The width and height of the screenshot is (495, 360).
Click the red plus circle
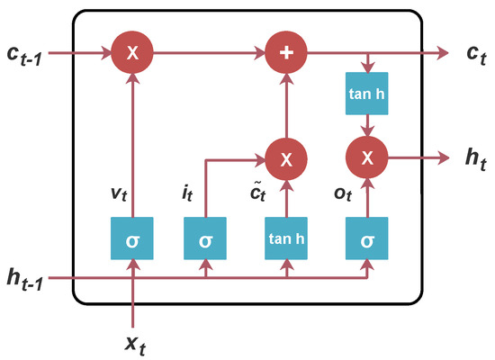287,53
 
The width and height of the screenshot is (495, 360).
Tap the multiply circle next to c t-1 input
132,53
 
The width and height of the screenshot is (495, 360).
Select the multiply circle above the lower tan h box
287,160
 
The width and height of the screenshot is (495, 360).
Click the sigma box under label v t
132,241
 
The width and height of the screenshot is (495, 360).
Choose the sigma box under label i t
206,241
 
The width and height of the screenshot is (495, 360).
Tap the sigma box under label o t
368,241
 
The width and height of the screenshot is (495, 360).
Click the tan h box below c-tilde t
287,241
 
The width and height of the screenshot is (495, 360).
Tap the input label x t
132,343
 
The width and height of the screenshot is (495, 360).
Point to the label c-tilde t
257,193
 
